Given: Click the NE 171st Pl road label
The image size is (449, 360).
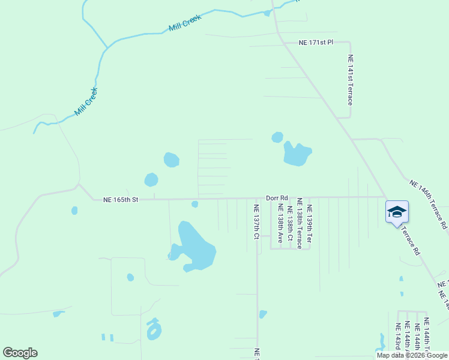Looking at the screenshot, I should (316, 43).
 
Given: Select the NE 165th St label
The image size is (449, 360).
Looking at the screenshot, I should (121, 199).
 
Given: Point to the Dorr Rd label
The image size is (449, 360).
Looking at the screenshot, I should (277, 197).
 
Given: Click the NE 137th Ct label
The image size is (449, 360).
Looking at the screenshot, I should (256, 222).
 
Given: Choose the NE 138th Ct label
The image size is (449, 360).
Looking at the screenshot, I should (289, 224).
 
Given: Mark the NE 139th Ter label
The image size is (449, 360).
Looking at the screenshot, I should (309, 224).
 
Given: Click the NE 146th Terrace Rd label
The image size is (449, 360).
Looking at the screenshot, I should (428, 205).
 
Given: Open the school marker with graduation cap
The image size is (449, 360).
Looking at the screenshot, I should (397, 212).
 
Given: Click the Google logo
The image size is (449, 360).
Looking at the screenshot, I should (20, 353).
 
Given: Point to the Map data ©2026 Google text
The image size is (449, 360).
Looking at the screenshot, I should (412, 355).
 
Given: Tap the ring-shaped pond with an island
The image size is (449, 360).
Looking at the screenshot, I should (154, 329).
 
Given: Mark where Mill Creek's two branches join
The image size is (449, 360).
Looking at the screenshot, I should (107, 47).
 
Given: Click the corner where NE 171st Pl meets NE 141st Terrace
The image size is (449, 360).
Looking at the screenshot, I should (349, 43).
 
